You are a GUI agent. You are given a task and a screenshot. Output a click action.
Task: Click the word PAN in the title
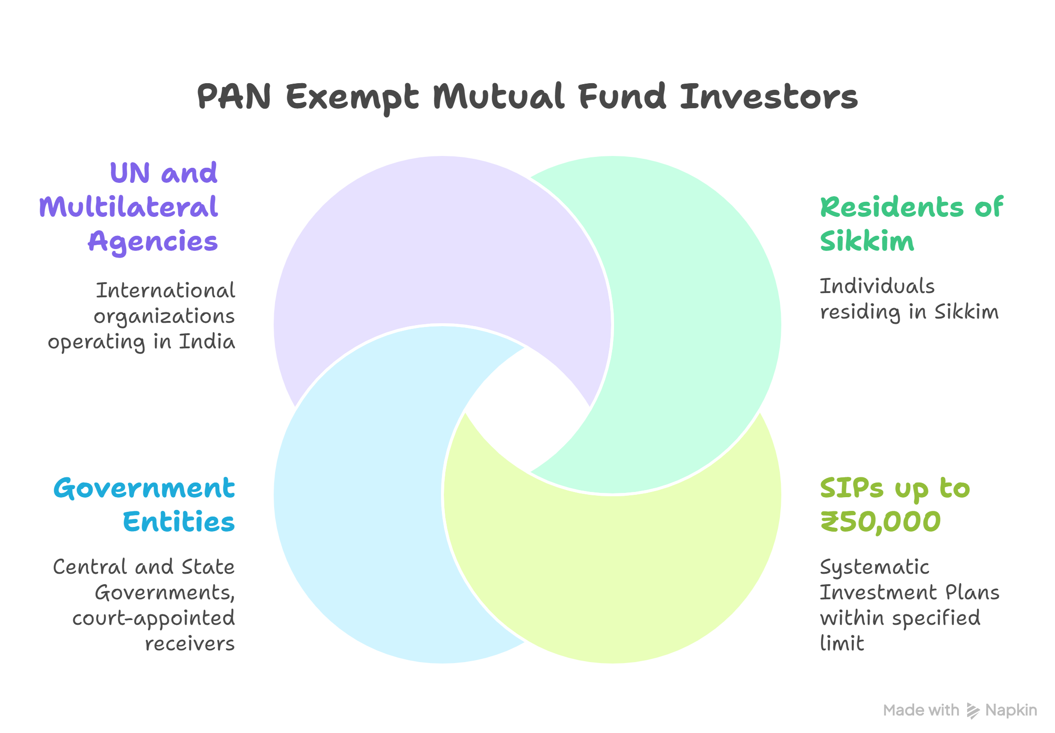234,96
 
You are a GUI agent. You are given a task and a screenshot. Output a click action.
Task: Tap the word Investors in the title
769,96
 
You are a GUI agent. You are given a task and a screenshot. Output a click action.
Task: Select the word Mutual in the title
499,96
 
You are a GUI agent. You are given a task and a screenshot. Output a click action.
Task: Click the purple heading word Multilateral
129,207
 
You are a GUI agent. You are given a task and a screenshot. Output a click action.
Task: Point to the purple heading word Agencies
153,242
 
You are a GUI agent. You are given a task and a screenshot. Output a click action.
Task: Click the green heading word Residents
891,207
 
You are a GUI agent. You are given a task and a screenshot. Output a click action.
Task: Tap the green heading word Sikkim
867,241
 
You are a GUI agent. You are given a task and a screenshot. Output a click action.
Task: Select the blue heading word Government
144,488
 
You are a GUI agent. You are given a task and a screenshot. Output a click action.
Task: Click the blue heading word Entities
179,522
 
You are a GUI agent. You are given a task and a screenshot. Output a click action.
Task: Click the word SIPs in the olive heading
851,488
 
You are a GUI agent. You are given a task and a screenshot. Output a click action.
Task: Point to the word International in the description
165,290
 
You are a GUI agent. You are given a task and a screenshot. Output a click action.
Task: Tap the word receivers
190,644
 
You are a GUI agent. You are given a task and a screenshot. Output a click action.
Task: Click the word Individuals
877,286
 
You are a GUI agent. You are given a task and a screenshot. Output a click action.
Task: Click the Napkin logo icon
973,710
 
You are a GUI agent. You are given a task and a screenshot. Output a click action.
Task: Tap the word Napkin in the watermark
1011,710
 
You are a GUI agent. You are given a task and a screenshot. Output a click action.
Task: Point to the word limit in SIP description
842,643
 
